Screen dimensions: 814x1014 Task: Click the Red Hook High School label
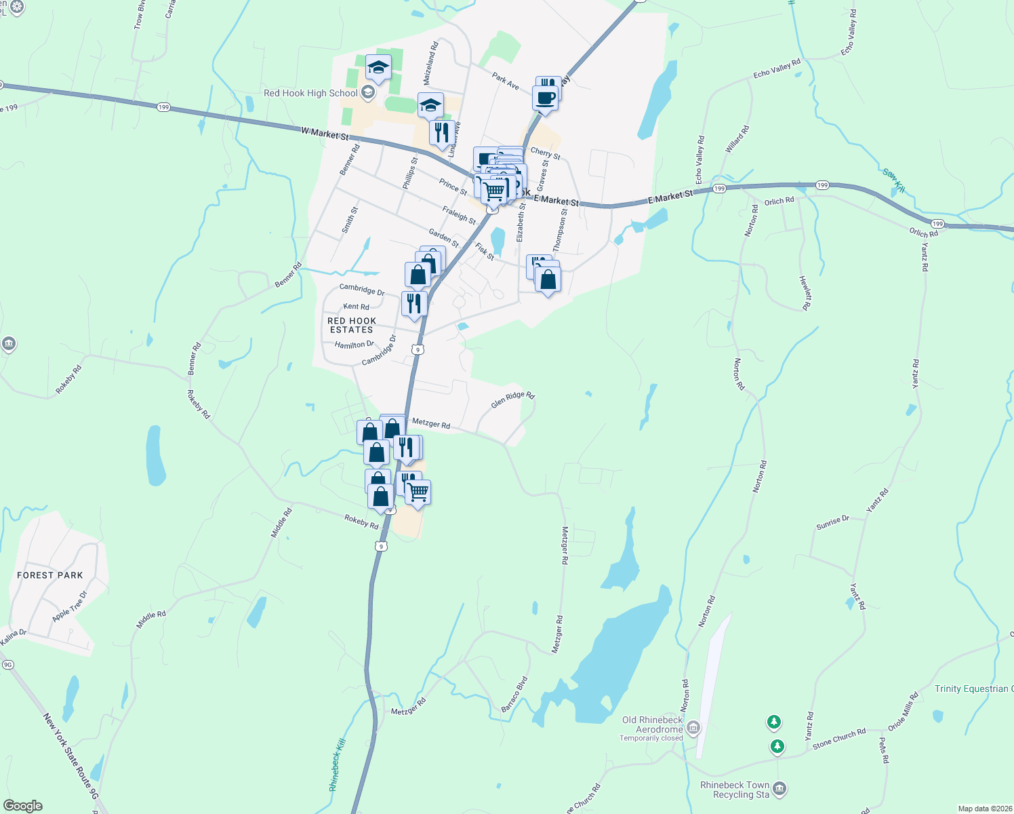pyautogui.click(x=310, y=94)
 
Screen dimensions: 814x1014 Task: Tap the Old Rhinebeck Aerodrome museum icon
pyautogui.click(x=693, y=729)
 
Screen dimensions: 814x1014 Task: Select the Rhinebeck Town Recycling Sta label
pyautogui.click(x=735, y=790)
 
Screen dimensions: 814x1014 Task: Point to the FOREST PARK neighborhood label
pyautogui.click(x=50, y=575)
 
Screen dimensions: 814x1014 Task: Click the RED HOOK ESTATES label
pyautogui.click(x=351, y=326)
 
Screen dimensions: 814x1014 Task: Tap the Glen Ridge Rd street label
pyautogui.click(x=512, y=400)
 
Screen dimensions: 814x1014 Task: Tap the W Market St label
pyautogui.click(x=325, y=134)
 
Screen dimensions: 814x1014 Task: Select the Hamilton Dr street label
pyautogui.click(x=354, y=345)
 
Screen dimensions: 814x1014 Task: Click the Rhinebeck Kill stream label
pyautogui.click(x=337, y=764)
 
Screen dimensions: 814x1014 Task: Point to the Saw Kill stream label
pyautogui.click(x=893, y=180)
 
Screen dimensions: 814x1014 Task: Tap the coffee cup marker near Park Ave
pyautogui.click(x=545, y=98)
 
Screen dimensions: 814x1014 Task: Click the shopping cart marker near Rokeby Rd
pyautogui.click(x=418, y=492)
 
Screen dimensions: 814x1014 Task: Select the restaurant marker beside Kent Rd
pyautogui.click(x=414, y=303)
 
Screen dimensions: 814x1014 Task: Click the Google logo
pyautogui.click(x=23, y=806)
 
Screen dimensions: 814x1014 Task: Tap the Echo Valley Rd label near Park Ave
pyautogui.click(x=777, y=69)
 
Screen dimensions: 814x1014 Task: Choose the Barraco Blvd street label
pyautogui.click(x=514, y=694)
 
